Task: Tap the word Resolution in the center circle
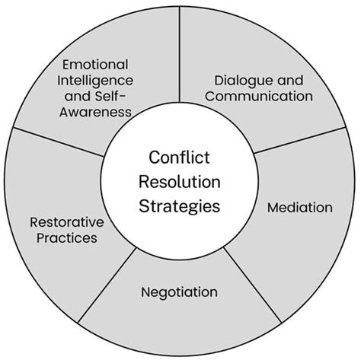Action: (x=180, y=183)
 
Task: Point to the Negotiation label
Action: (x=180, y=292)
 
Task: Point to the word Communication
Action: (x=260, y=96)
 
